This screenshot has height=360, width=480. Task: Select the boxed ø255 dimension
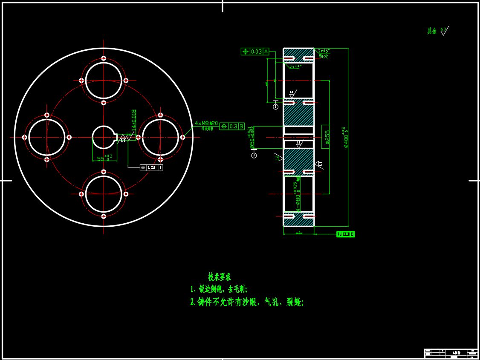pos(327,137)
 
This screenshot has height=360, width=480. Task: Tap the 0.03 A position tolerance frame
pos(255,52)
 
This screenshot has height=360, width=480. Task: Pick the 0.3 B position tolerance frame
pos(232,126)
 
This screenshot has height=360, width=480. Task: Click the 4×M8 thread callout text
pos(206,124)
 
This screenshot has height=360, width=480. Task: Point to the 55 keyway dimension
pos(102,158)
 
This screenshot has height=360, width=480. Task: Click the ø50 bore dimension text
pos(252,138)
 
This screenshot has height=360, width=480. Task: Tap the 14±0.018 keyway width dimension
pos(134,120)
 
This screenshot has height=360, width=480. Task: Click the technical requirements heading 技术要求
pos(220,277)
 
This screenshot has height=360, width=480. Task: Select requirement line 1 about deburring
pos(219,289)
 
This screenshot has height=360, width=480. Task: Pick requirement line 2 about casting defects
pos(247,302)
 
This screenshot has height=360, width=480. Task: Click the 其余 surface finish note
pos(438,31)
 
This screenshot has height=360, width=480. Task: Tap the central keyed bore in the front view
pos(104,137)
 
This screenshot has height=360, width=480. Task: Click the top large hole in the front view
pos(104,81)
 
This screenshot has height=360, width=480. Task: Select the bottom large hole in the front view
pos(104,194)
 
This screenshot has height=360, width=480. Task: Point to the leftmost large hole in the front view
pos(47,137)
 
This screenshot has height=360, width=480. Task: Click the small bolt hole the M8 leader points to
pos(182,137)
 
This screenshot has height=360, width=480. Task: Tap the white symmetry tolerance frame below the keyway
pos(152,168)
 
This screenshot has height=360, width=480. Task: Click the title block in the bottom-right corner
pos(451,354)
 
